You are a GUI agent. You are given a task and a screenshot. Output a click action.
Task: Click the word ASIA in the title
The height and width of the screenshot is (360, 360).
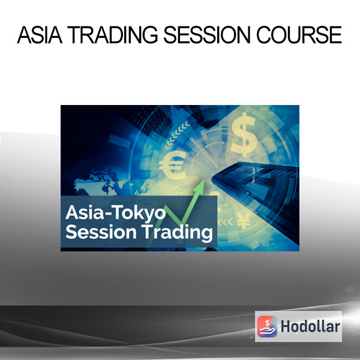pyautogui.click(x=40, y=35)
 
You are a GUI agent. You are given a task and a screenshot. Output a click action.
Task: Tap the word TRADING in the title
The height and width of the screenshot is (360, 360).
pyautogui.click(x=112, y=35)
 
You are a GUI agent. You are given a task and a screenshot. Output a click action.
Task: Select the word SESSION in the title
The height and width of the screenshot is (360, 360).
pyautogui.click(x=206, y=35)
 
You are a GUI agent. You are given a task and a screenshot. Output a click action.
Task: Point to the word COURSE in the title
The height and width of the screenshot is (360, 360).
pyautogui.click(x=299, y=35)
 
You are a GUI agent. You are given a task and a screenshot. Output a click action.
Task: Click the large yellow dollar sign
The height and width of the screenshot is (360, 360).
pyautogui.click(x=244, y=135)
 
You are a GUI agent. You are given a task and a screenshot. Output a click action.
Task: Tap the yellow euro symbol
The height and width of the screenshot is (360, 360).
pyautogui.click(x=172, y=165)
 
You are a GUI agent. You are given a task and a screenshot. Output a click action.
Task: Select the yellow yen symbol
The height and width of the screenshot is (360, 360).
pyautogui.click(x=244, y=221)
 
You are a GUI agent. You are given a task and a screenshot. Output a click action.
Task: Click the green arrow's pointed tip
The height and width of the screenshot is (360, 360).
pyautogui.click(x=203, y=180)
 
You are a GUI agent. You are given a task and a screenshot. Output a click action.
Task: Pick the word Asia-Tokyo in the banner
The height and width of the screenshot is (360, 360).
pyautogui.click(x=115, y=213)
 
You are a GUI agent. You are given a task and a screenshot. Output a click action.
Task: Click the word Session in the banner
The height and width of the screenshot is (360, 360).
pyautogui.click(x=101, y=232)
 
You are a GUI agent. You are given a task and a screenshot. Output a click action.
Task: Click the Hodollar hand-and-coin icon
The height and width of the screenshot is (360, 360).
pyautogui.click(x=267, y=326)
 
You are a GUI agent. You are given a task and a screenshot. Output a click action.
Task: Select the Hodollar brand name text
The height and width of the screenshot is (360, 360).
pyautogui.click(x=310, y=326)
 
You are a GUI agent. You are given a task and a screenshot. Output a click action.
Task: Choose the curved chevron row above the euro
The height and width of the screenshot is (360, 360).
pyautogui.click(x=177, y=134)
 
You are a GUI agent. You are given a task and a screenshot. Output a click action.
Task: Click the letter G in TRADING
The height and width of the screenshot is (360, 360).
pyautogui.click(x=149, y=35)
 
